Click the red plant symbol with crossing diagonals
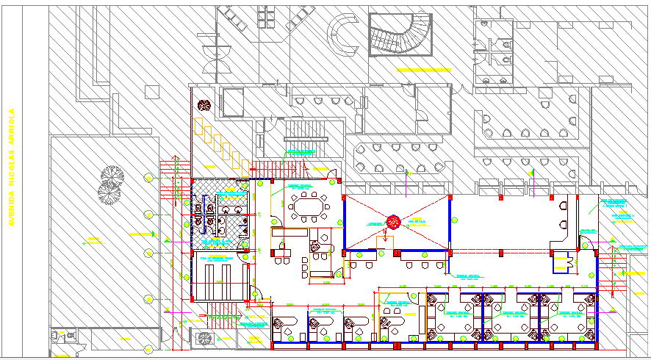[x=393, y=221]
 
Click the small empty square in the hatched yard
[x=152, y=91]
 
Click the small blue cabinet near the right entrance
[x=564, y=262]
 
